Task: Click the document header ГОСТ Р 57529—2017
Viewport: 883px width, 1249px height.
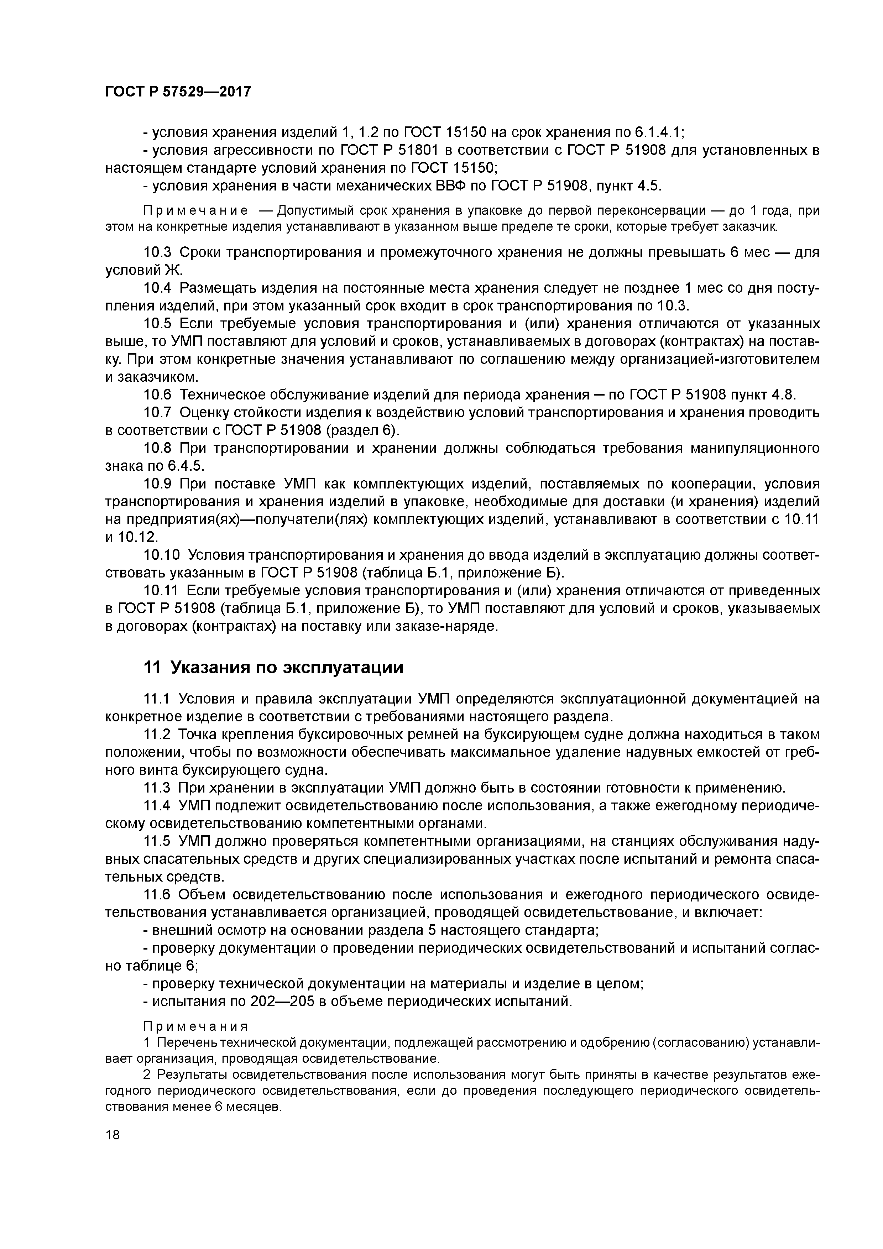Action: coord(178,92)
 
